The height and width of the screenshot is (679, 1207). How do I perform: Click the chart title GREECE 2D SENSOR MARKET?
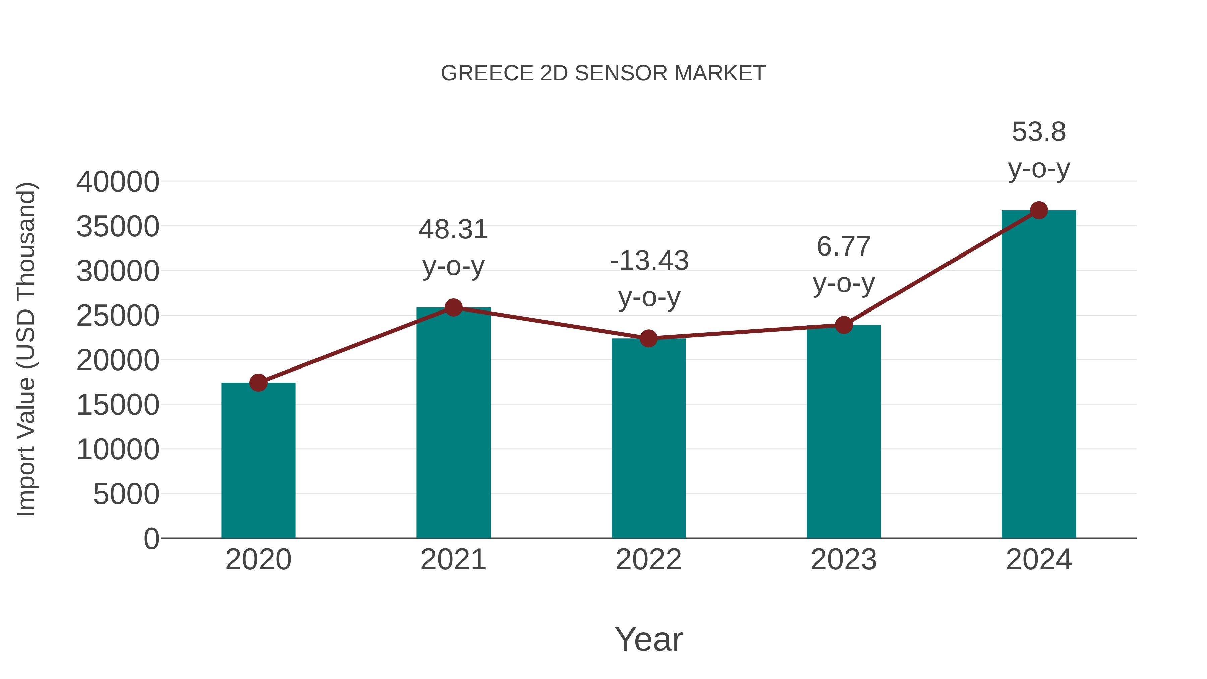click(603, 73)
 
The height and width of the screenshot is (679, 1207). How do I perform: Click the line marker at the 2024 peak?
click(1039, 210)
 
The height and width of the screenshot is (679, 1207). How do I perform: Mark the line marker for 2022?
click(648, 338)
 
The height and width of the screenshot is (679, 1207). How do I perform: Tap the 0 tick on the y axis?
click(151, 539)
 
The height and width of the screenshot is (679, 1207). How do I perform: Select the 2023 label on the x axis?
click(844, 560)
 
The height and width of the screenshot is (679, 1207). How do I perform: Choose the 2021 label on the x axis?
click(453, 560)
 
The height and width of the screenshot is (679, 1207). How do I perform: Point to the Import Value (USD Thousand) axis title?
click(26, 349)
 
